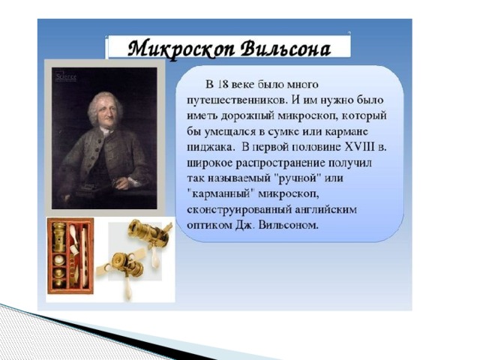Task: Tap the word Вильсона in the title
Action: [286, 49]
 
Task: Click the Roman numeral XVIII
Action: [359, 147]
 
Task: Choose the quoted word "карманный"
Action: [221, 194]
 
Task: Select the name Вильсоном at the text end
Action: [288, 225]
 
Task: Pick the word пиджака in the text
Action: [211, 148]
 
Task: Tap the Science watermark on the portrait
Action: [66, 76]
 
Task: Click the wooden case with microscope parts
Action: [70, 256]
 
